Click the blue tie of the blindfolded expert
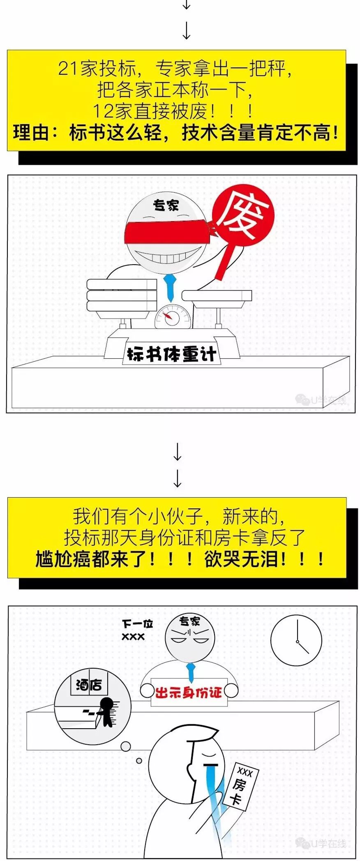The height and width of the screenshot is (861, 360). pos(169,287)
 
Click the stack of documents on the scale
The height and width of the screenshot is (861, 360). pos(122,294)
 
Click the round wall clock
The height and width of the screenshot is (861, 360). pos(296,640)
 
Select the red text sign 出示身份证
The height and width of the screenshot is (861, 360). pos(188,693)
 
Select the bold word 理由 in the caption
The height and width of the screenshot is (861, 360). pos(31,133)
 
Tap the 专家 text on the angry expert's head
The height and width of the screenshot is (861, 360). pos(189,622)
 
